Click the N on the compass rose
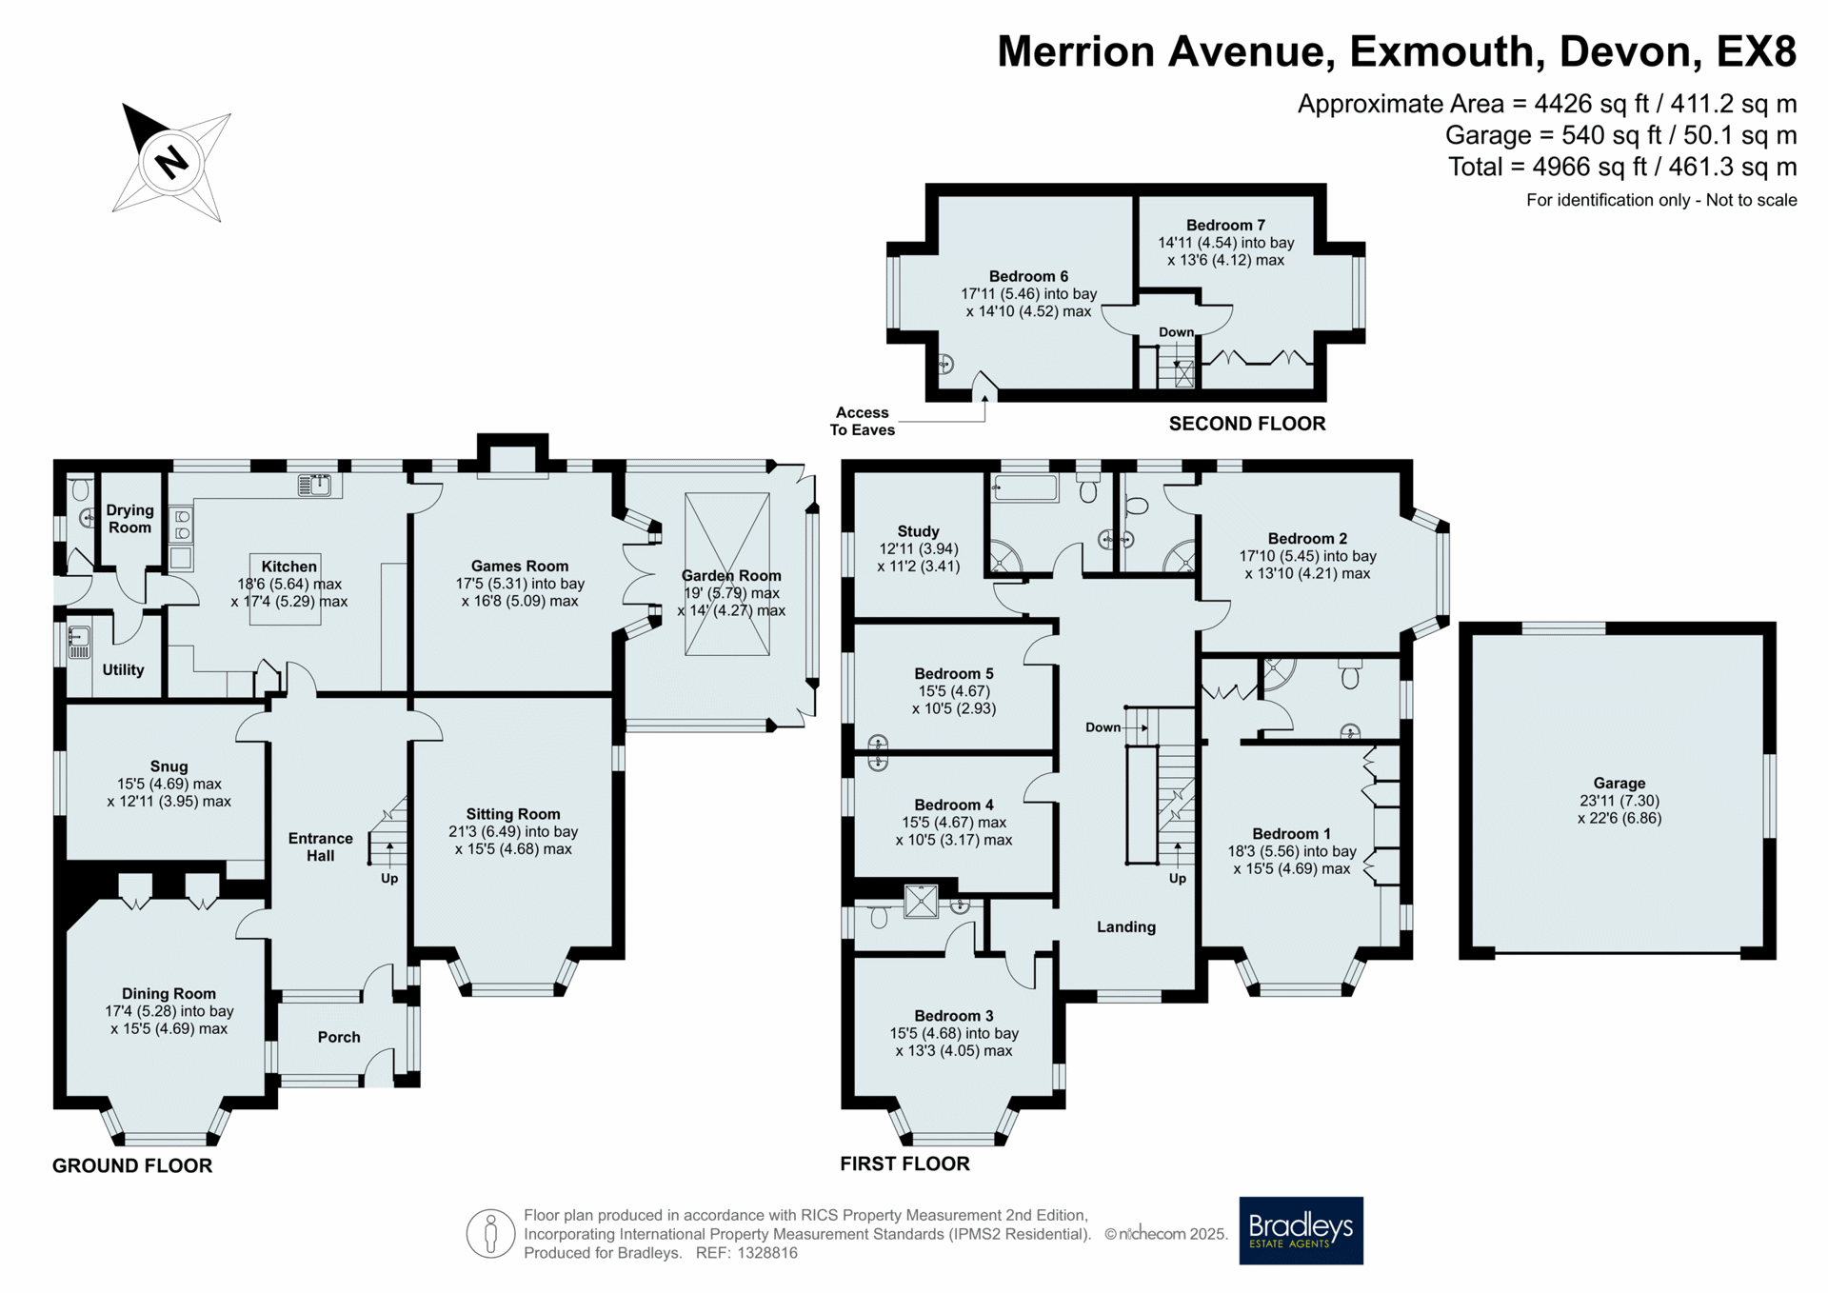[171, 161]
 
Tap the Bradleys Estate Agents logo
[1301, 1230]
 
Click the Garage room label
[1619, 784]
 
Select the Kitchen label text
[289, 567]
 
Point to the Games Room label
[520, 566]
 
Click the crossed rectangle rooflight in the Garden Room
[727, 574]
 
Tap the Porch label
[339, 1037]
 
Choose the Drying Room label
[129, 519]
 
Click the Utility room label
[123, 669]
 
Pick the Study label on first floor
[919, 531]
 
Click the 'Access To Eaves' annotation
[863, 421]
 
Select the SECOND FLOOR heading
[1247, 424]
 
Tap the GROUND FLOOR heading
[132, 1165]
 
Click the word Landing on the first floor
[1126, 926]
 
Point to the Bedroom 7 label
[1226, 225]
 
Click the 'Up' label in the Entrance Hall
[389, 878]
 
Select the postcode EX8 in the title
[1757, 51]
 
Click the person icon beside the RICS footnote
[491, 1234]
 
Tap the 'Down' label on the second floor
[1177, 332]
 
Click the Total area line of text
[1622, 167]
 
